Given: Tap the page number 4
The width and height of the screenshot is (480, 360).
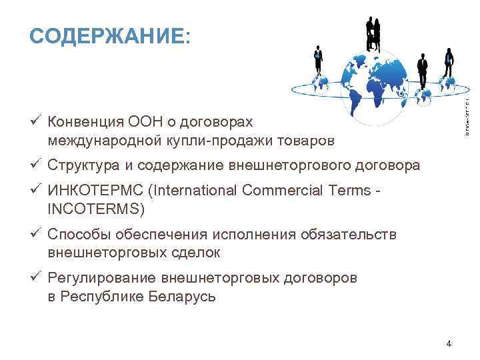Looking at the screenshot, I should [x=449, y=343].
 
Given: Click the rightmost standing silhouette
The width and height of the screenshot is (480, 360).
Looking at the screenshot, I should [x=449, y=63].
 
